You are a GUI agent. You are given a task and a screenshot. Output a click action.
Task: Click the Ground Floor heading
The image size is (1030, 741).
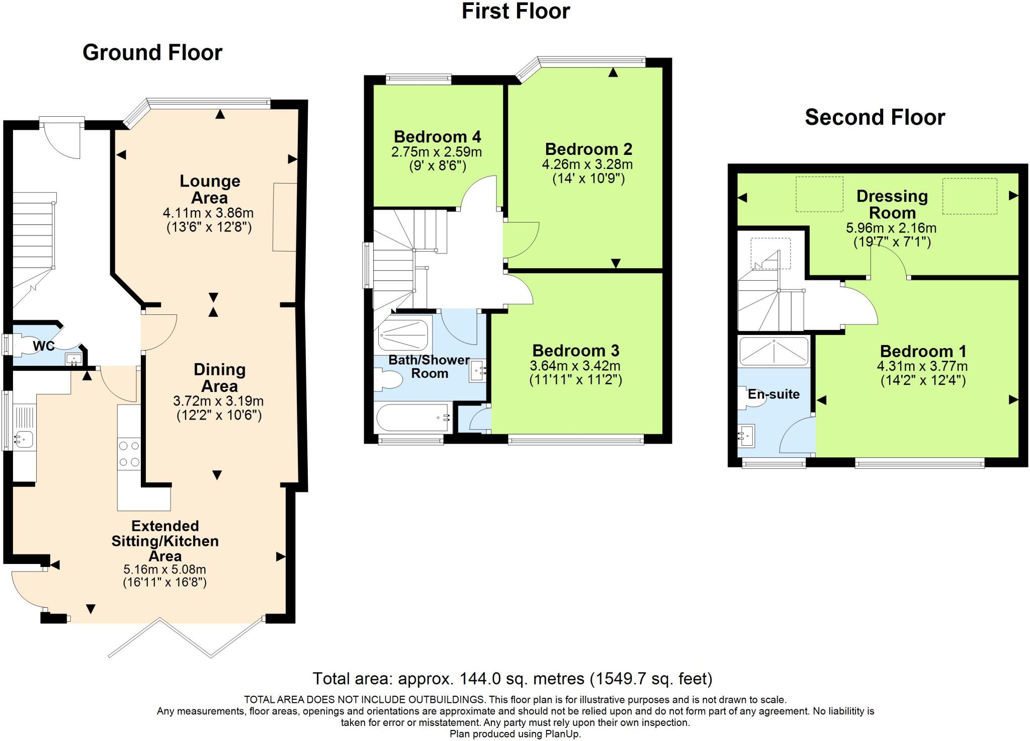[x=152, y=53]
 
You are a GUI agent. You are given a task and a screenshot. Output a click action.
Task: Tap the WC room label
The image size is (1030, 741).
[x=44, y=346]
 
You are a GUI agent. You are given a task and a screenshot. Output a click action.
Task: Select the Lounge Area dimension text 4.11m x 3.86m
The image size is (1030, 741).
[x=208, y=213]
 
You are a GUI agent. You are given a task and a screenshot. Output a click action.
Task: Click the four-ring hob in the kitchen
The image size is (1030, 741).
[x=129, y=454]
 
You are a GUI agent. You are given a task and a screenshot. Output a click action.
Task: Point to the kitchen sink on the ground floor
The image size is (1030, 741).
[x=23, y=439]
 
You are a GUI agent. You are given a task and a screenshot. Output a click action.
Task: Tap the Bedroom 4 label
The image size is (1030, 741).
[x=437, y=137]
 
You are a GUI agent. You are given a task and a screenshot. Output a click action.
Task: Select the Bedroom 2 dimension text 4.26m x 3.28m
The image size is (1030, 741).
[x=587, y=164]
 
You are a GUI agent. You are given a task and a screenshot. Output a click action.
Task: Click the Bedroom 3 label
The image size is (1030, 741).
[x=575, y=351]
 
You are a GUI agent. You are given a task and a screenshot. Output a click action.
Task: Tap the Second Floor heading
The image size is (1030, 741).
[x=875, y=117]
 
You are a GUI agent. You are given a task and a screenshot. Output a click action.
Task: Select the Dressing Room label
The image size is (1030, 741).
[x=892, y=204]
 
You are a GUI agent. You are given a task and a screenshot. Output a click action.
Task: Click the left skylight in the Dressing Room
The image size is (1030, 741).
[x=819, y=194]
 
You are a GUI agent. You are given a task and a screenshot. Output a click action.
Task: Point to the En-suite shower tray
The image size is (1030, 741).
[x=774, y=351]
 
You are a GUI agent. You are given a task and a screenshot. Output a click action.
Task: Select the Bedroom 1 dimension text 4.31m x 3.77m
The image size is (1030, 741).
[x=922, y=366]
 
